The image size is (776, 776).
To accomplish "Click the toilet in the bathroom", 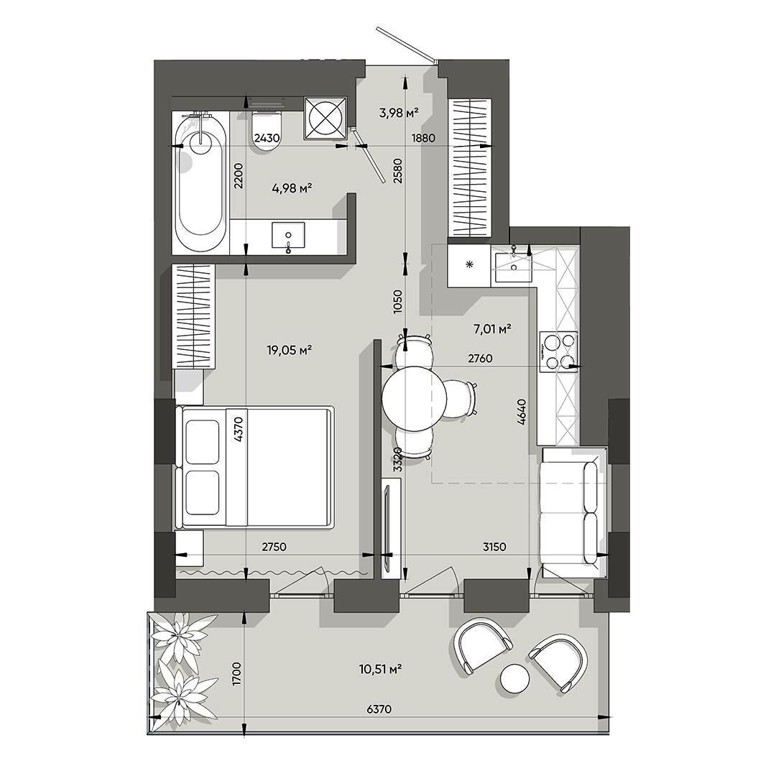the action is click(267, 129).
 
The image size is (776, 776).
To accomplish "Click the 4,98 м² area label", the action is click(292, 188).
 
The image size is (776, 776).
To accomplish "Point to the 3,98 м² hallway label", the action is click(399, 113).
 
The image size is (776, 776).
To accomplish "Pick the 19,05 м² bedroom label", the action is click(289, 351).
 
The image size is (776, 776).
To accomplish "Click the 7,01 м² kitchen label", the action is click(492, 328).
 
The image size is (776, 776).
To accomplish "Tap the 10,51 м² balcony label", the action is click(380, 669).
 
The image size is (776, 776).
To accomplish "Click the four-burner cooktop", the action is click(558, 351).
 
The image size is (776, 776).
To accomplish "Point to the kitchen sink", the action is click(513, 267).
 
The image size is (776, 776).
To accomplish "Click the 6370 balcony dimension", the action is click(379, 709).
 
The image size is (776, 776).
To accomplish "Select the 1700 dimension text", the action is click(236, 673).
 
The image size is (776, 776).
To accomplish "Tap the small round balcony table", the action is click(514, 679).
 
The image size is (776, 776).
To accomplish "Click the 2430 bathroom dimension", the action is click(267, 138).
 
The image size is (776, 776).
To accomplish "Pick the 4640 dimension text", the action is click(521, 412).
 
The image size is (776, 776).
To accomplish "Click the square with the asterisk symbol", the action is click(469, 265).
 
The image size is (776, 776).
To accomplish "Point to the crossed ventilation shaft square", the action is click(325, 119).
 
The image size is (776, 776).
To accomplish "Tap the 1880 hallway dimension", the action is click(424, 138).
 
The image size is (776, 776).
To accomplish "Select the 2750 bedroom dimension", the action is click(274, 547).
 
